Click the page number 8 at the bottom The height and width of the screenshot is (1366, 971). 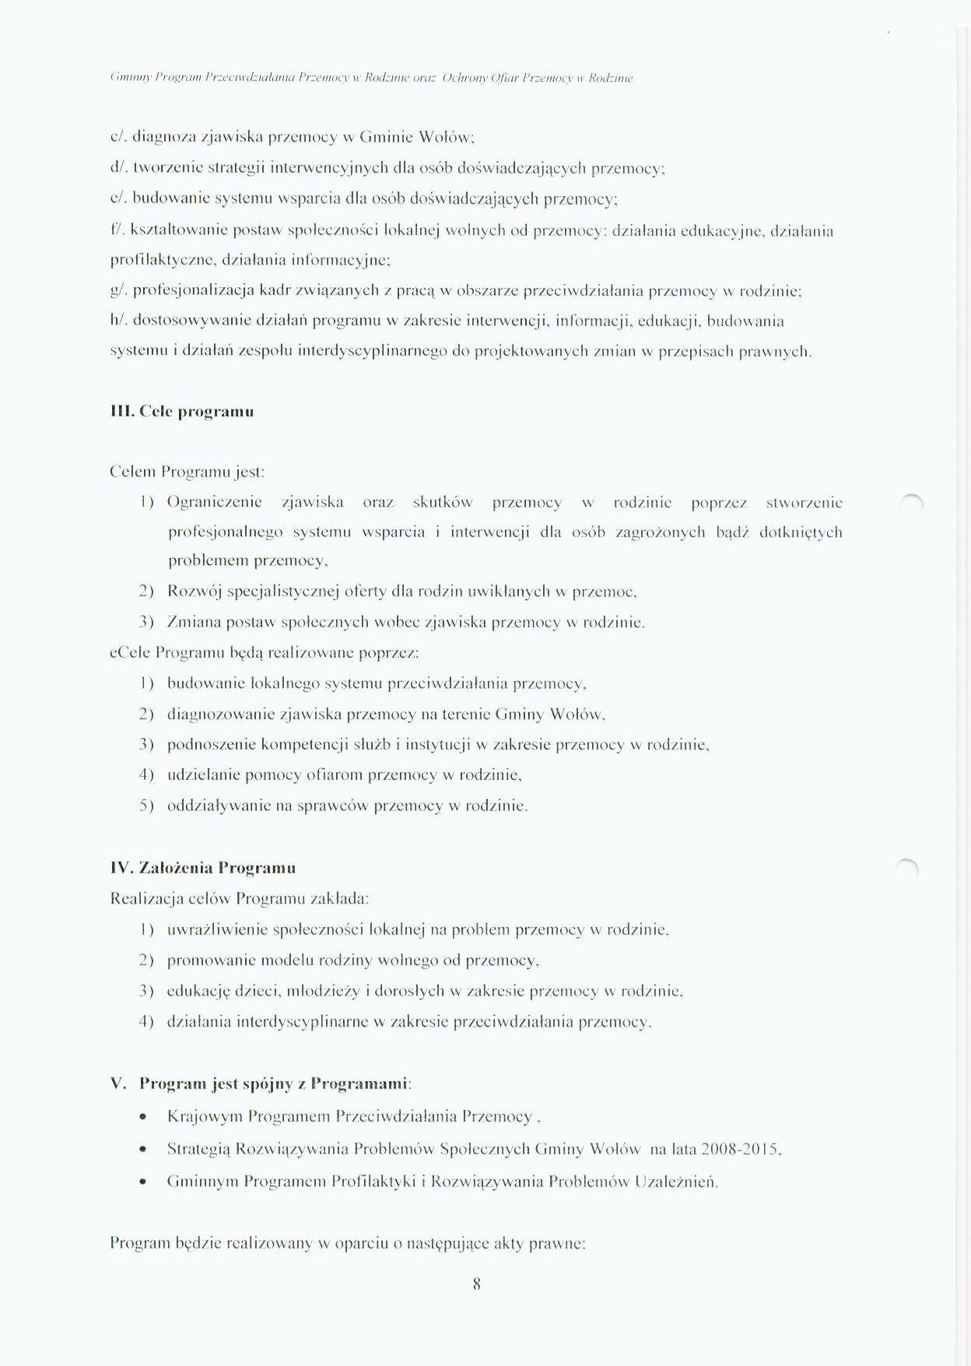476,1283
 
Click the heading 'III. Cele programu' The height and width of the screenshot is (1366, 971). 182,412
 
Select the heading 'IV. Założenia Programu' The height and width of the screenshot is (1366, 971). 203,868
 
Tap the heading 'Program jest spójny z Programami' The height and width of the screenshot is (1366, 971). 274,1083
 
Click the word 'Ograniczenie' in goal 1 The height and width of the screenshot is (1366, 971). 215,503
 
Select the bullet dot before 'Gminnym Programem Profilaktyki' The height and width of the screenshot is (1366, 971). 142,1182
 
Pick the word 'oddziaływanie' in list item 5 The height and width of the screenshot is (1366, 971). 218,806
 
